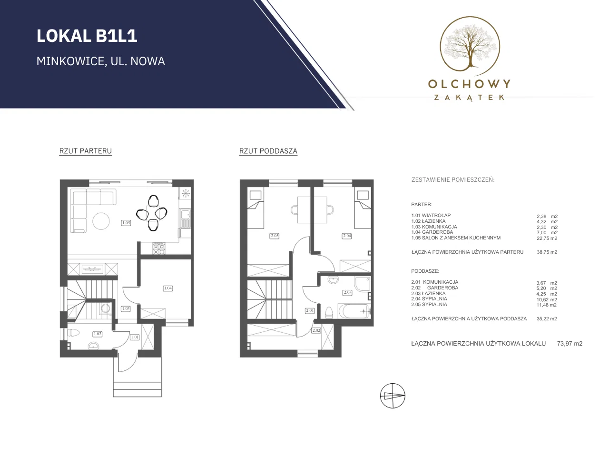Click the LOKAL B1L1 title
(87, 36)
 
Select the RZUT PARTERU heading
(86, 151)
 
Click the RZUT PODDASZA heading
(268, 151)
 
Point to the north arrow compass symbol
(393, 396)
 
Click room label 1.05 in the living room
(126, 222)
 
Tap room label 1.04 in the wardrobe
(168, 288)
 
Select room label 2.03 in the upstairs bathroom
(348, 292)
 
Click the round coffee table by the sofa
(101, 221)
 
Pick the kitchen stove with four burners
(159, 248)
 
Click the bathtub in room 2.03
(354, 311)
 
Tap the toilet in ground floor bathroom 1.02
(74, 332)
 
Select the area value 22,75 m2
(547, 238)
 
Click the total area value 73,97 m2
(570, 344)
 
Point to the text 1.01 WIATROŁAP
(431, 215)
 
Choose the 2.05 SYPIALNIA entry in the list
(429, 304)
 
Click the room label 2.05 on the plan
(275, 236)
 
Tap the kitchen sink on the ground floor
(185, 218)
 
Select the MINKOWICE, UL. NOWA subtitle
(101, 61)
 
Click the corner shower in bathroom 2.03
(362, 284)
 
